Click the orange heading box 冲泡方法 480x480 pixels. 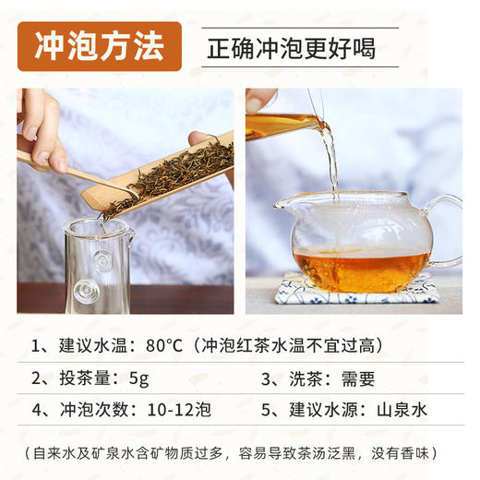100,47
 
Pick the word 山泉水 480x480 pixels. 412,408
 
